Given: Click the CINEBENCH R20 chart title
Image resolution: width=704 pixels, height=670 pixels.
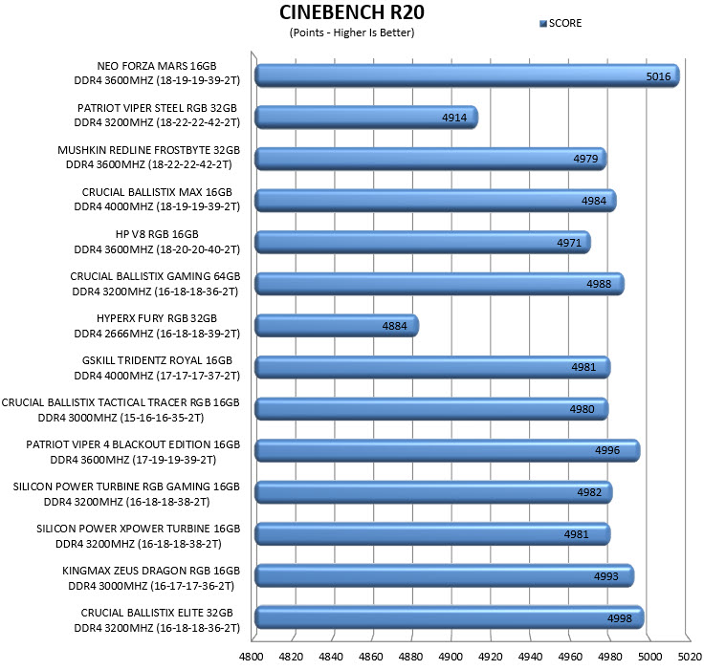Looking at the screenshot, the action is (352, 12).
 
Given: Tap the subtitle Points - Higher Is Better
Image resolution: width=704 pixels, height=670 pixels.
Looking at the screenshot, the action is (352, 32).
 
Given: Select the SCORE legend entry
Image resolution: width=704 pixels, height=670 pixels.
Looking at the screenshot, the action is (561, 23).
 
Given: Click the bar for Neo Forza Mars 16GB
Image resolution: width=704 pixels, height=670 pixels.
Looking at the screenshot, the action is (467, 76).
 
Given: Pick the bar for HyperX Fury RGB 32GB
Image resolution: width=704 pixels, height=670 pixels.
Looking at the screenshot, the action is (337, 325).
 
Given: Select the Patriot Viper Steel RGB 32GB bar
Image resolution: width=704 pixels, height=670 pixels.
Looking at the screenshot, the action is (366, 118).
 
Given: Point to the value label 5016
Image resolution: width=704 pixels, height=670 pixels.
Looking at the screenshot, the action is (658, 76).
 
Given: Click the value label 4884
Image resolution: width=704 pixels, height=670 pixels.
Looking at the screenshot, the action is (394, 326).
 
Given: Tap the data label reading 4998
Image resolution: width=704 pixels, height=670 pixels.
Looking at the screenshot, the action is (620, 618).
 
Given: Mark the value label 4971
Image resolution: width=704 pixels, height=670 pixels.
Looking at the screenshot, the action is (569, 243).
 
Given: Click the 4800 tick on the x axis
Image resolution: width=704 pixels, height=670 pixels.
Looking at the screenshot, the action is (251, 657).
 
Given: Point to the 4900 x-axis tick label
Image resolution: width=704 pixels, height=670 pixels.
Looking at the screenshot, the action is (451, 657).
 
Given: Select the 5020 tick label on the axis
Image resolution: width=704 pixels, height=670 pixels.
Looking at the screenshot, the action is (690, 657).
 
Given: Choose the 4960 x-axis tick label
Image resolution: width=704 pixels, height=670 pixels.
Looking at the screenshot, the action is (570, 657).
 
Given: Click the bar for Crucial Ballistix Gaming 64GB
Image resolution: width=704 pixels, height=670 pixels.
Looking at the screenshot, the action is (440, 284).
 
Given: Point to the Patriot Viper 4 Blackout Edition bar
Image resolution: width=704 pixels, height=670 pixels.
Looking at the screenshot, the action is (448, 450).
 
